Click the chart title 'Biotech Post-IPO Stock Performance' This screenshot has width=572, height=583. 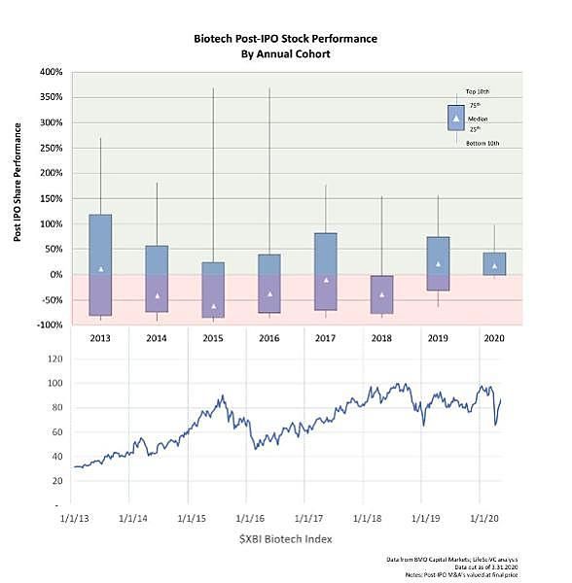click(x=285, y=39)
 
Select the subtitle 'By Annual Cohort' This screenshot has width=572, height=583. click(x=285, y=54)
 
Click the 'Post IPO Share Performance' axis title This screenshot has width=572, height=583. click(x=18, y=199)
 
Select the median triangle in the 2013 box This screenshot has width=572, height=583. click(x=101, y=269)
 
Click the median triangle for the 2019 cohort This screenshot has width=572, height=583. click(x=439, y=264)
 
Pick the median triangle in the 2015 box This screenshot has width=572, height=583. click(x=214, y=306)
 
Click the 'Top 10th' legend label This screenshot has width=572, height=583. click(x=478, y=89)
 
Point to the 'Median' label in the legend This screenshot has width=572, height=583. click(x=477, y=119)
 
